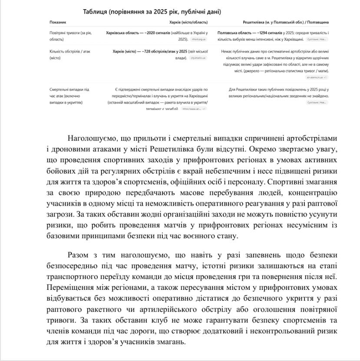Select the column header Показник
(x=58, y=22)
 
